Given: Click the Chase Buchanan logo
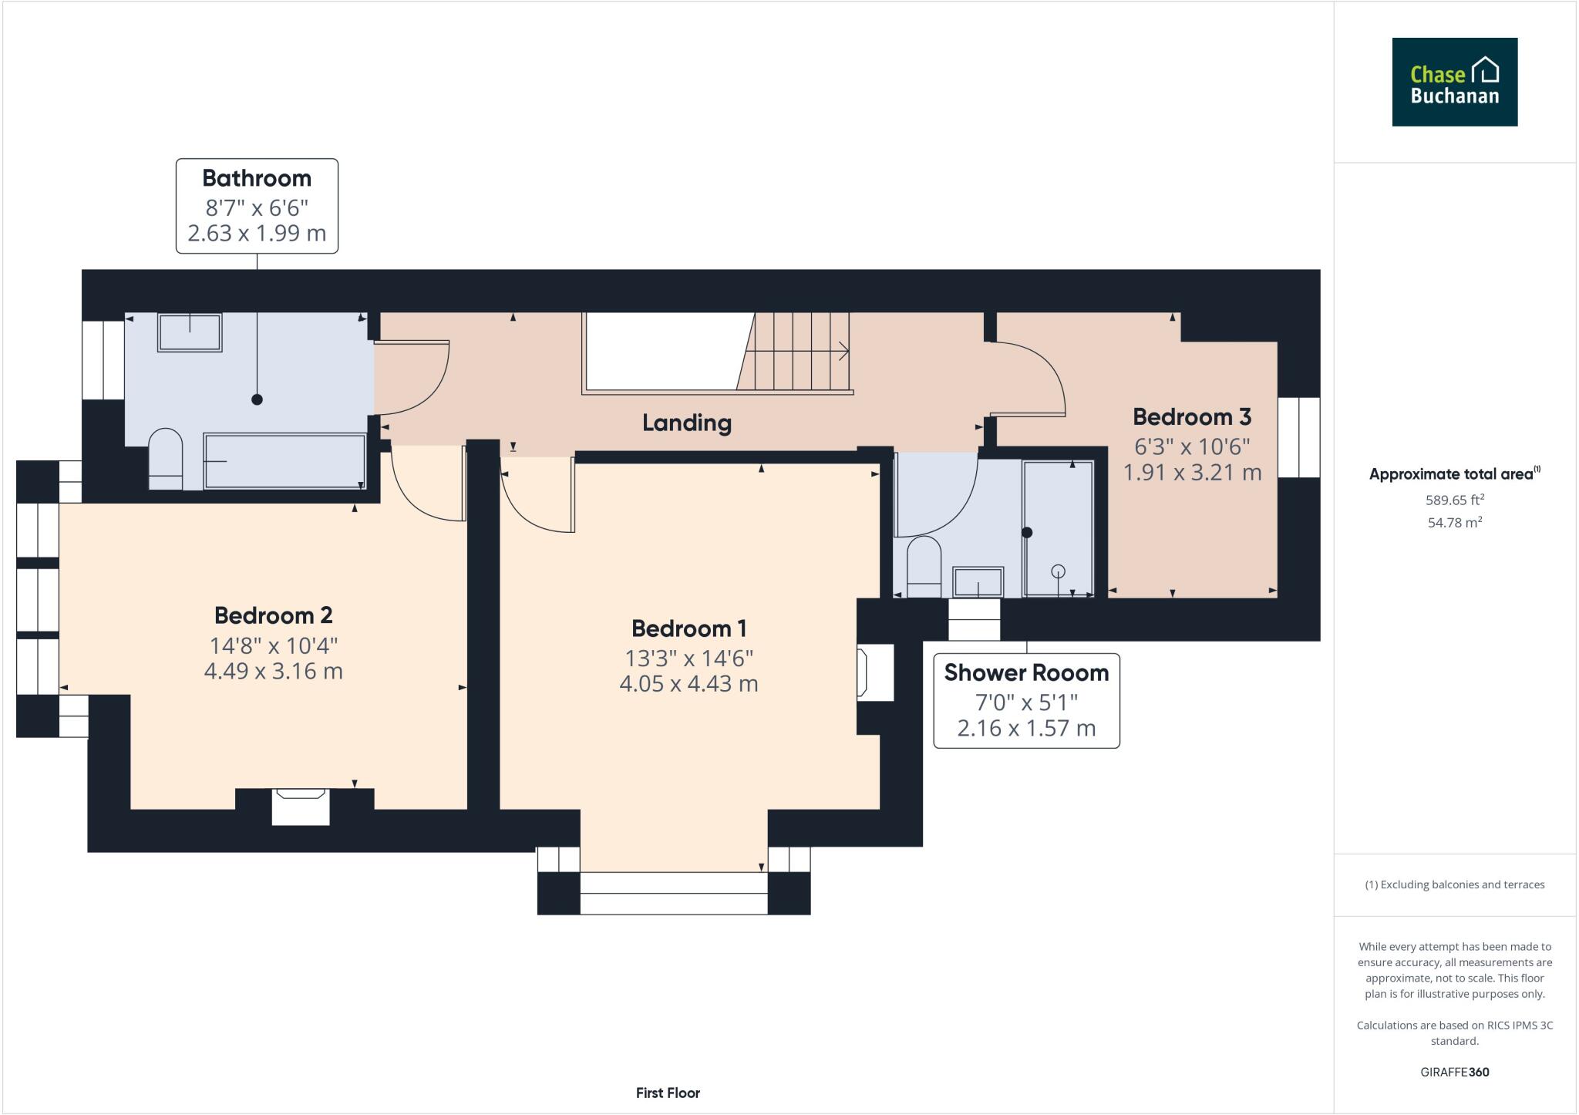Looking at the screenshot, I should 1454,82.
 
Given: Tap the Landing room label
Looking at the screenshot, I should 686,423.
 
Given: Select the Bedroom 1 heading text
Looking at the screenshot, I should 688,628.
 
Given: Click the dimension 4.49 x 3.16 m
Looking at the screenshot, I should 273,671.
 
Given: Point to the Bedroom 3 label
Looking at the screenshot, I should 1191,417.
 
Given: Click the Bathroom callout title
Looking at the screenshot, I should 257,178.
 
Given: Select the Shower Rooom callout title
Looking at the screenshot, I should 1026,672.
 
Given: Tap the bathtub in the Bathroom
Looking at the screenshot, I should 284,461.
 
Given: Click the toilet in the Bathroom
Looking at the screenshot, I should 165,458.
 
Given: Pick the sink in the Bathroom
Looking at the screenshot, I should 190,332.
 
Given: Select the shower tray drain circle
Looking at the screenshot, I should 1058,571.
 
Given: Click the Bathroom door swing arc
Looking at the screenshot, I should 420,378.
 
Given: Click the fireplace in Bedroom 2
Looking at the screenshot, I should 301,806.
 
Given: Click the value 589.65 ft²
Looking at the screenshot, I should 1454,500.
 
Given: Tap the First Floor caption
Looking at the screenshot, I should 668,1093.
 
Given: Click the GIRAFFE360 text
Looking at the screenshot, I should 1454,1072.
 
